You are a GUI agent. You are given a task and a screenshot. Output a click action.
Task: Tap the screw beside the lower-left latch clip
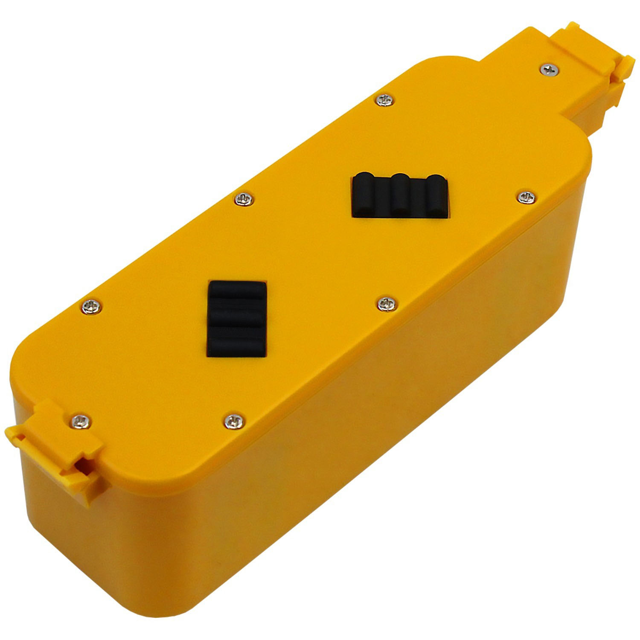[x=81, y=421]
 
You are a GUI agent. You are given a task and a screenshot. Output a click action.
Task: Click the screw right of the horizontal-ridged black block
[x=386, y=303]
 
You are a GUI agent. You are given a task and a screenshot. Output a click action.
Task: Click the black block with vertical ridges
[x=400, y=196]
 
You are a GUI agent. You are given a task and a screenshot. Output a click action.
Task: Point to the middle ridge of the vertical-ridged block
[x=400, y=193]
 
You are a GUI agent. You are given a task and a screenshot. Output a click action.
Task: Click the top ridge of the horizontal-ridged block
[x=236, y=293]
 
